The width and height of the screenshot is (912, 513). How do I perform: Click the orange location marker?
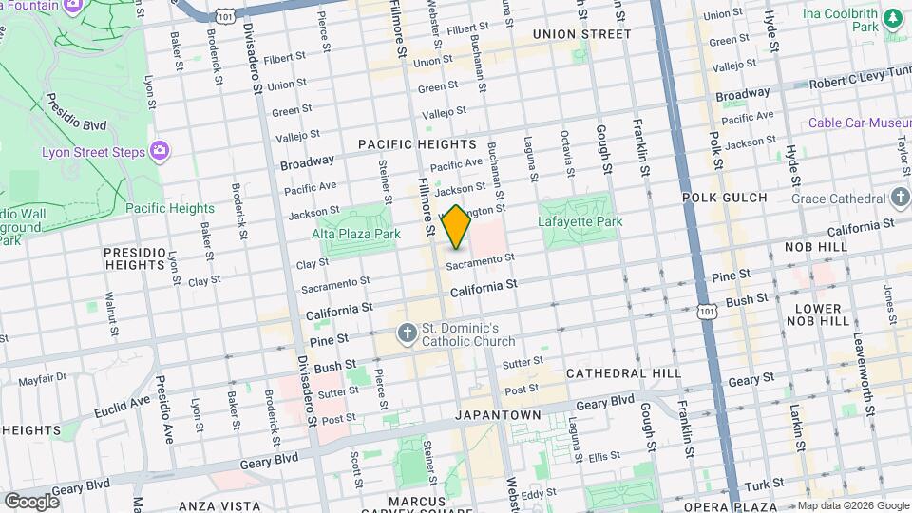tap(456, 227)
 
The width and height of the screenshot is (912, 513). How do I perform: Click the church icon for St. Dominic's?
tap(408, 332)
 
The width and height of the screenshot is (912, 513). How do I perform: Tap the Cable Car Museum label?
tap(860, 123)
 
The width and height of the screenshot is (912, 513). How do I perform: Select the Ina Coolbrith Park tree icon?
tap(892, 18)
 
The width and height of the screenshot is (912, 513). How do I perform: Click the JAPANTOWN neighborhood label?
tap(498, 416)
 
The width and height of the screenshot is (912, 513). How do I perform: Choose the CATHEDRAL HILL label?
tap(623, 373)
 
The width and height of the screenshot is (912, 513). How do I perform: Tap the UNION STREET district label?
tap(581, 34)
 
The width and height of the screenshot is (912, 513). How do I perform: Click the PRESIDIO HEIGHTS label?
tap(135, 258)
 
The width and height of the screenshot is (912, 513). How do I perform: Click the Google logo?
tap(31, 501)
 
